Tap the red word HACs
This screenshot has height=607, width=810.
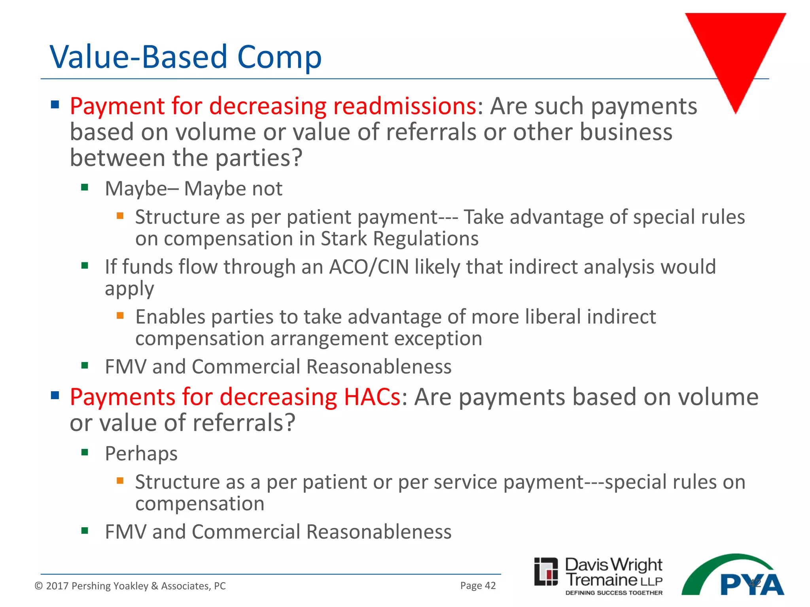[372, 397]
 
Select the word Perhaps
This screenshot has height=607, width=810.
[141, 453]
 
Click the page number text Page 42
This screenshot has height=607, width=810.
[478, 585]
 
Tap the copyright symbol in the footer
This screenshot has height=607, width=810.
[38, 586]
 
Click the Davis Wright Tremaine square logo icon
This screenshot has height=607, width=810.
[546, 571]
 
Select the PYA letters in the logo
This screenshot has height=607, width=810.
[751, 585]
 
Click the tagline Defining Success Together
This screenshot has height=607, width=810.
[614, 593]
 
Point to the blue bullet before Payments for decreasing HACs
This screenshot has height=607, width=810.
[55, 395]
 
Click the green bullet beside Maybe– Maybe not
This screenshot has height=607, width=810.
[85, 187]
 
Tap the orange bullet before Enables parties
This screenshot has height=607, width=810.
[120, 315]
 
